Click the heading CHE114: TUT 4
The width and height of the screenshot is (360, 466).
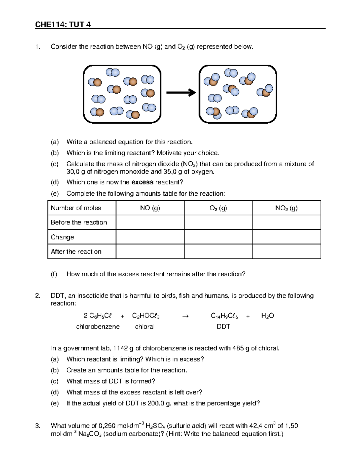click(63, 24)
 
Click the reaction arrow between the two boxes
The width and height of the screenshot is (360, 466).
click(181, 93)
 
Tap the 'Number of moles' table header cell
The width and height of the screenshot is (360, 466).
click(76, 208)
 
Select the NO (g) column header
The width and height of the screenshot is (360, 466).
click(150, 208)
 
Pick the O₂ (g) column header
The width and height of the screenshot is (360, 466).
click(218, 208)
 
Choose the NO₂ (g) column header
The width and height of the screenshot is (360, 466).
click(286, 208)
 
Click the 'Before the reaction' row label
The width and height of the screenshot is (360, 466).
click(79, 222)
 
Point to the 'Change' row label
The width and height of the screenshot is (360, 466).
click(62, 237)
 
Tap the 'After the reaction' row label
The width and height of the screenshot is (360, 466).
click(76, 251)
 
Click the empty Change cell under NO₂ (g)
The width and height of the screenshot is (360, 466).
click(286, 237)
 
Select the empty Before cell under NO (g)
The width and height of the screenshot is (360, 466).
click(150, 222)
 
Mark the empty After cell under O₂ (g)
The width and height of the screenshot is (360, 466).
click(218, 251)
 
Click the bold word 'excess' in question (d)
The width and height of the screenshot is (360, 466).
click(142, 182)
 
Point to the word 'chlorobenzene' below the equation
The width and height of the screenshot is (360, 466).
click(98, 326)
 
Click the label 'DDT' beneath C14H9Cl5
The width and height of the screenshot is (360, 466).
click(223, 326)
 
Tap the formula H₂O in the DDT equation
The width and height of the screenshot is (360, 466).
click(268, 316)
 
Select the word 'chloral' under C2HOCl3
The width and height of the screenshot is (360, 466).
click(145, 326)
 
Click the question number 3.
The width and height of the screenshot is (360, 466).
click(37, 425)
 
